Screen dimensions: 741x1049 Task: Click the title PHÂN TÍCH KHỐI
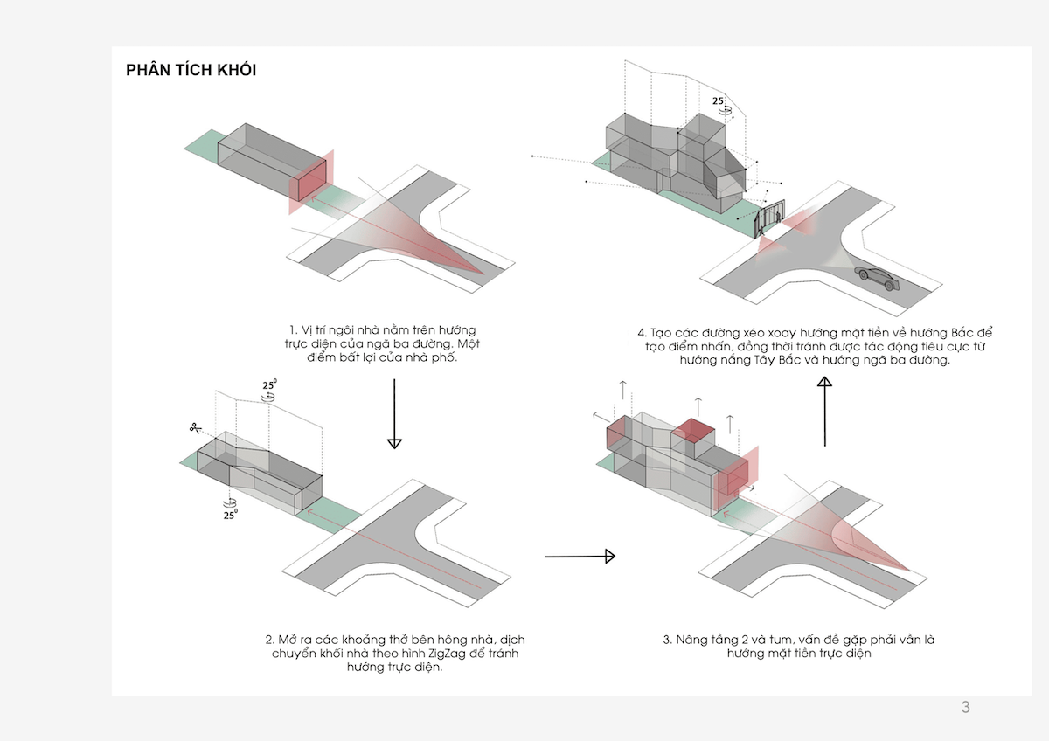click(191, 71)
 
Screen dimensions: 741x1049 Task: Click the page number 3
click(965, 708)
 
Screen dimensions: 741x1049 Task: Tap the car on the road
click(876, 278)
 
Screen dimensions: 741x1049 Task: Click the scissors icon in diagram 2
click(193, 428)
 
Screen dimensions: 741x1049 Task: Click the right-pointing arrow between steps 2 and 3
click(580, 556)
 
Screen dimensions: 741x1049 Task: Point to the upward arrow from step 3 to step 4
click(824, 410)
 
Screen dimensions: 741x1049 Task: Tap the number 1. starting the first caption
click(294, 330)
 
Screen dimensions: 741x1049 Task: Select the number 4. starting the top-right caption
click(643, 334)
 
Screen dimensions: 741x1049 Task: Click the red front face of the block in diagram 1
click(308, 185)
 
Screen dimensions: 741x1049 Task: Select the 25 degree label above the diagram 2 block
click(269, 385)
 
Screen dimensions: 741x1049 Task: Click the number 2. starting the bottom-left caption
click(269, 640)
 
